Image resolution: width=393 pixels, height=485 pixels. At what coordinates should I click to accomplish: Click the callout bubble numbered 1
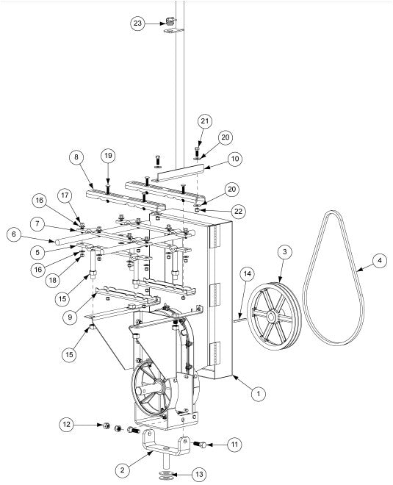(258, 394)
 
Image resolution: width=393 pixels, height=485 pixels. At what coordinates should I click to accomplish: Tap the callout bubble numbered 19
(108, 156)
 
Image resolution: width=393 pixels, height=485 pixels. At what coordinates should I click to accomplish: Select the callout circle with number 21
(206, 121)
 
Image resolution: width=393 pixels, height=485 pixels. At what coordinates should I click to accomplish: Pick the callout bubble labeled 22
(216, 211)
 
